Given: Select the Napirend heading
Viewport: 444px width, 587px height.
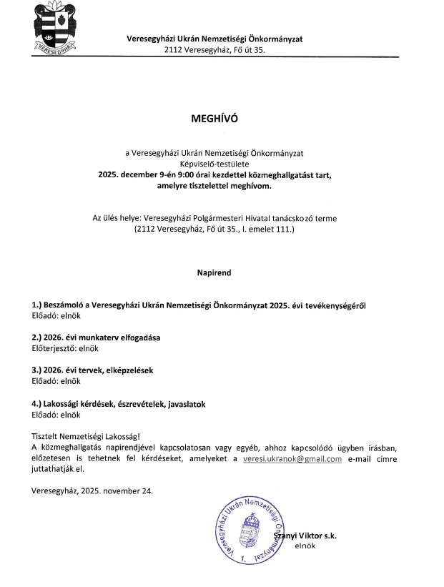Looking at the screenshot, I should click(214, 272).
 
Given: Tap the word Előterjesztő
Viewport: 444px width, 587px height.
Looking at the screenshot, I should click(53, 349).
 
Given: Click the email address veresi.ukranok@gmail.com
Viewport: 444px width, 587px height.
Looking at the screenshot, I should click(292, 459).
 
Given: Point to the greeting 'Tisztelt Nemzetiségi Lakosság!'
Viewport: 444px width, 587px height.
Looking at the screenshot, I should click(87, 436).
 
